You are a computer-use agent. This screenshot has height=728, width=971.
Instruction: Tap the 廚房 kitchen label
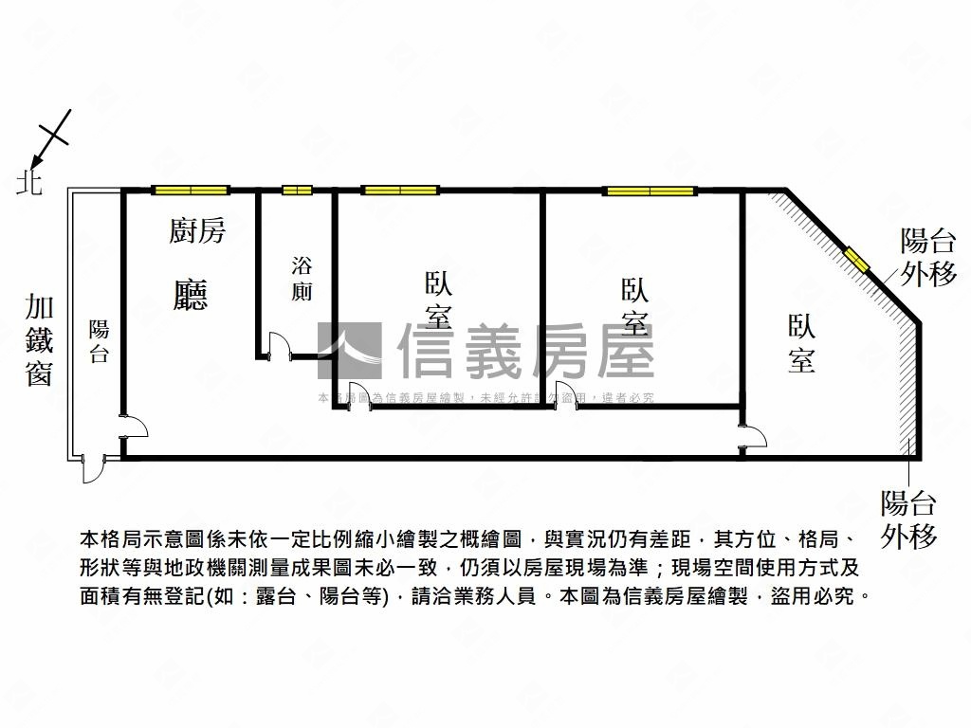click(x=197, y=230)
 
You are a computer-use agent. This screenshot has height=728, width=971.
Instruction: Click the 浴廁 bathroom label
click(x=302, y=279)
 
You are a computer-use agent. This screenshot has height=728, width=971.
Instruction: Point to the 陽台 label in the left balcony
click(x=99, y=342)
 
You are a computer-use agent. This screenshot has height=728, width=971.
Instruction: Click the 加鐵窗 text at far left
click(x=39, y=340)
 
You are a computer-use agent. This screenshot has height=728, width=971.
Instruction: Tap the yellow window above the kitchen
click(x=191, y=190)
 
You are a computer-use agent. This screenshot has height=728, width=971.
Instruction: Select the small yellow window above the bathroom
click(x=297, y=190)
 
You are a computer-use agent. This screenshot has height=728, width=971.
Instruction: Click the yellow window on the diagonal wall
click(x=857, y=259)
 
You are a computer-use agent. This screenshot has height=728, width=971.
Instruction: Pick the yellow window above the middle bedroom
click(x=650, y=191)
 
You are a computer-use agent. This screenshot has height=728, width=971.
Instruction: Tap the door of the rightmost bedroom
click(x=755, y=438)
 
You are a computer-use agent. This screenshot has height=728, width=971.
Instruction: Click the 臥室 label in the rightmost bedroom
click(x=801, y=343)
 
